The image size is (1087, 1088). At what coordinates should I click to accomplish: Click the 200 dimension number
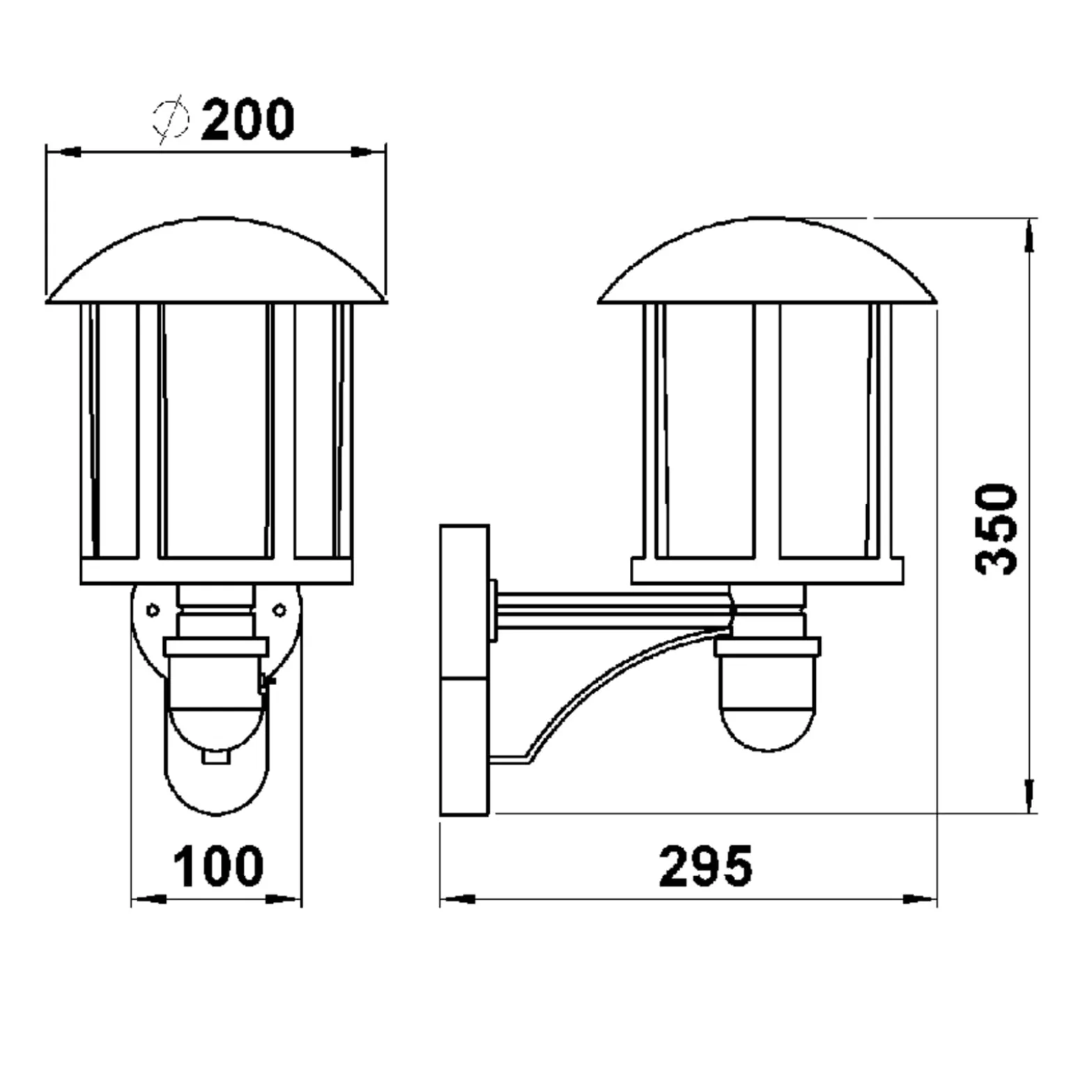tap(248, 120)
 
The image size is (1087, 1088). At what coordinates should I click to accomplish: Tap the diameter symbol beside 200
tap(171, 119)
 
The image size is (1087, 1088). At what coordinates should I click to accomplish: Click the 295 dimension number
tap(706, 866)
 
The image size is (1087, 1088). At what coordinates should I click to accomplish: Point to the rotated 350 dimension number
tap(996, 528)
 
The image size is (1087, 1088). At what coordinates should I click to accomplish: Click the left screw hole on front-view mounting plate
tap(153, 611)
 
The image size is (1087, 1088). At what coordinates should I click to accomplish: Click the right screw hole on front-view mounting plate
tap(279, 611)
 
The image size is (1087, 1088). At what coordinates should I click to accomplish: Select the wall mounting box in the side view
tap(465, 670)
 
